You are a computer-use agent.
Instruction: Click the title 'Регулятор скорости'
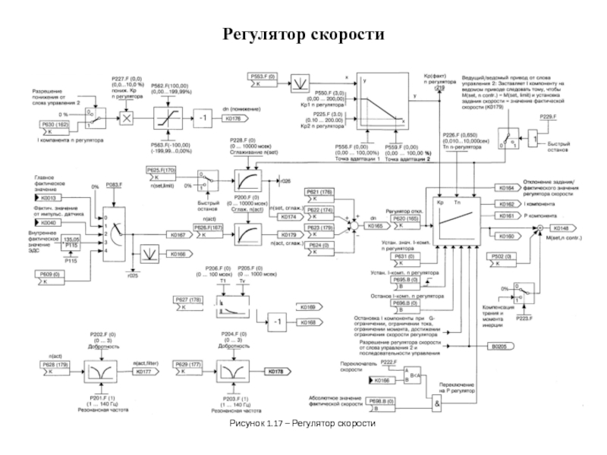tap(303, 36)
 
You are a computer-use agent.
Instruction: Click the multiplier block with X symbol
tap(127, 118)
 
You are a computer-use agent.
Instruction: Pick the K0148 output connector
tap(560, 227)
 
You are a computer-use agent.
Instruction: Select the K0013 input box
tap(48, 197)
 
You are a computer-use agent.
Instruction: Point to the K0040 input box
tap(48, 223)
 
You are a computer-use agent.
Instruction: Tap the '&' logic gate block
tap(438, 403)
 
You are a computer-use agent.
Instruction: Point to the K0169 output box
tap(329, 306)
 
